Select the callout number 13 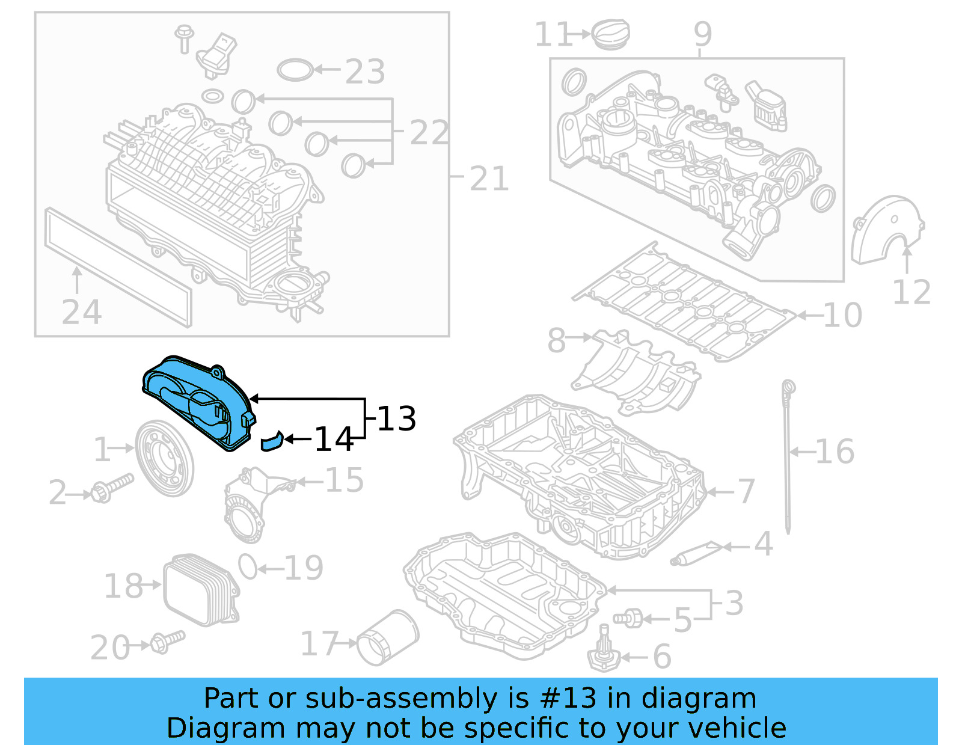(x=396, y=419)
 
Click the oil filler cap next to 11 (x=611, y=34)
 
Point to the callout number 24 (x=82, y=313)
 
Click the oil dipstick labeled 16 (x=787, y=457)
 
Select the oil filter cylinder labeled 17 (x=388, y=639)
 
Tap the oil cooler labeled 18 (x=200, y=589)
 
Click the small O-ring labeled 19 (x=248, y=566)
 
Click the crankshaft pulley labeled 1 (x=164, y=458)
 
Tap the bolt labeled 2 (x=111, y=488)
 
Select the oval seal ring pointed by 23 (x=295, y=70)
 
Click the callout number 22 (x=429, y=133)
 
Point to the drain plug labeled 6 (x=604, y=653)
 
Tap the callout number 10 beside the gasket (x=842, y=315)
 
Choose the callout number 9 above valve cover (x=702, y=34)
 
